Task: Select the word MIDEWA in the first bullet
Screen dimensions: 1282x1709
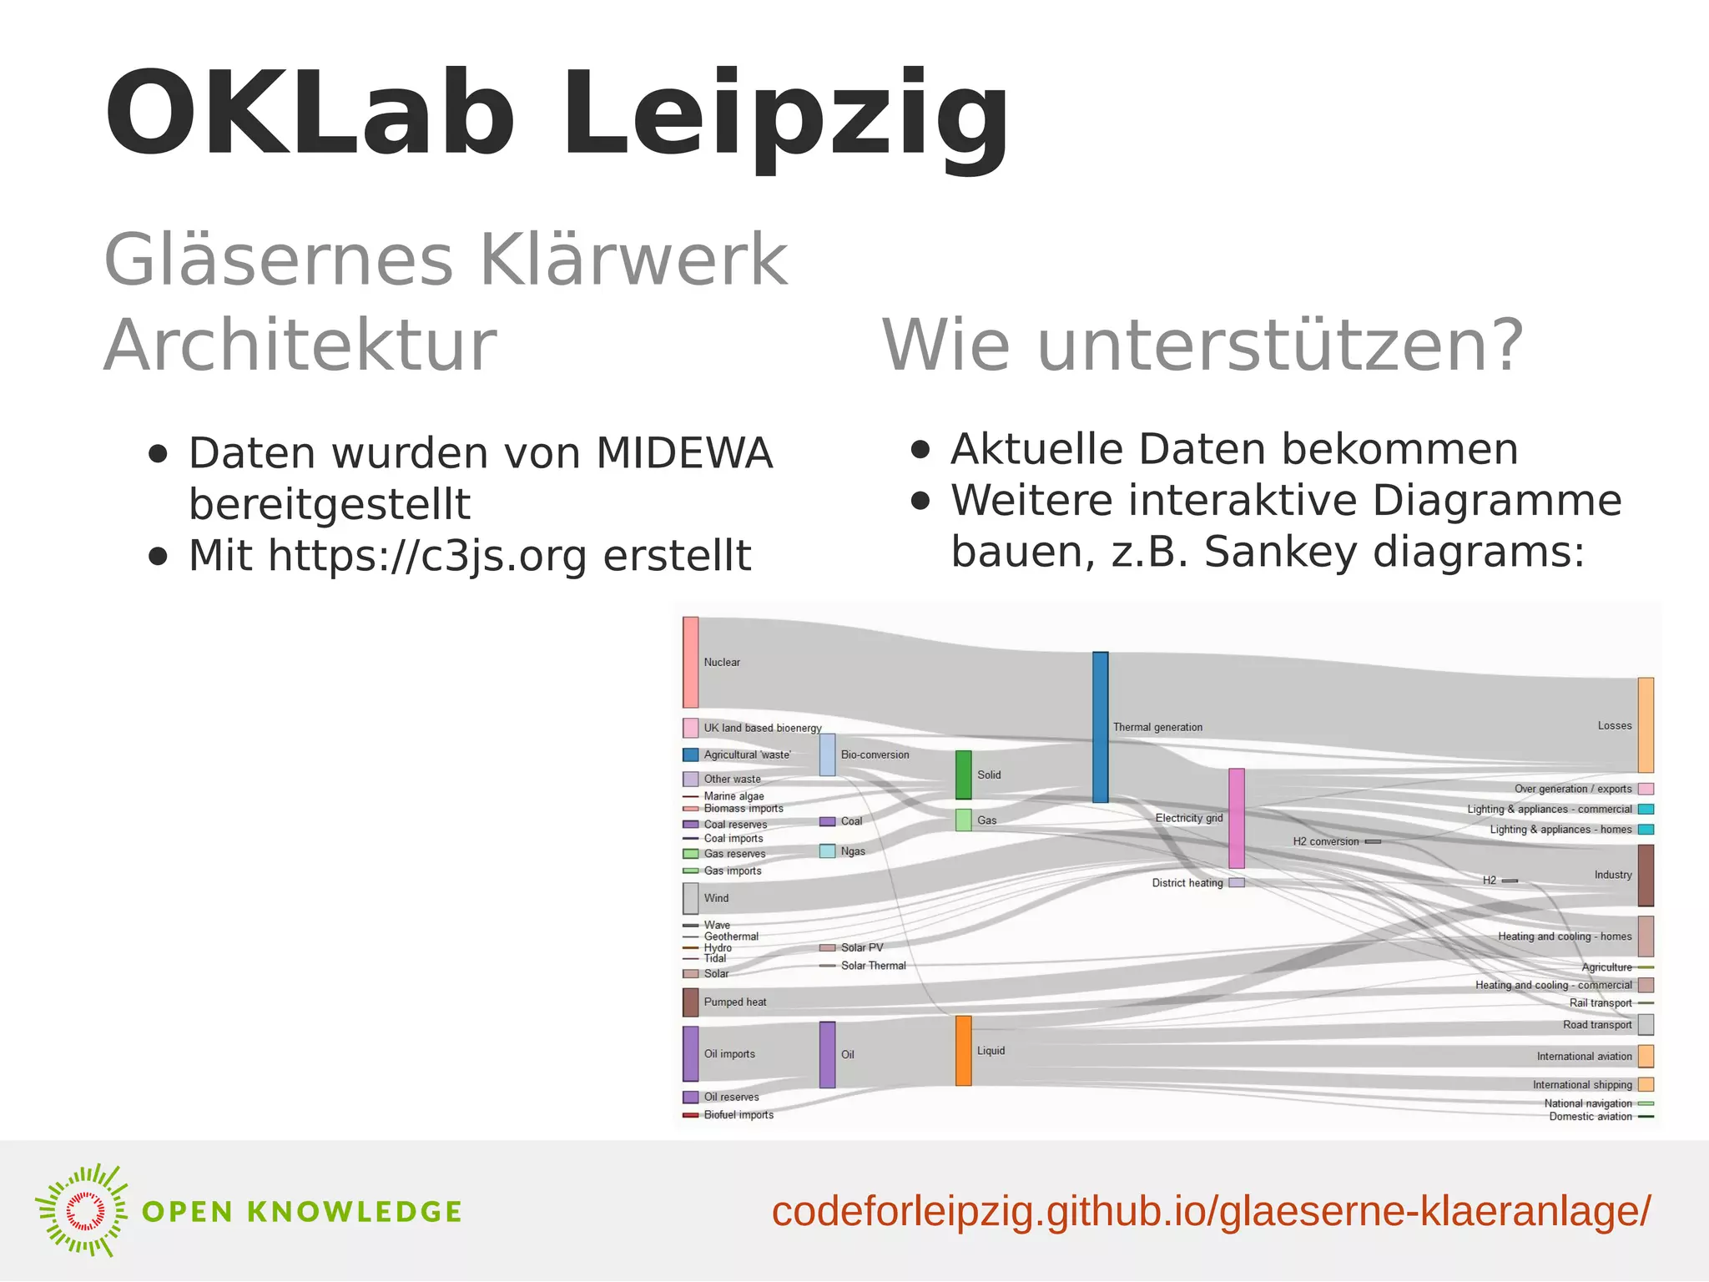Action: (684, 453)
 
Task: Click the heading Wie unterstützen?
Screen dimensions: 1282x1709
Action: (1202, 346)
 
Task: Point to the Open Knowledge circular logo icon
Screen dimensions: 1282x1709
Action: (82, 1210)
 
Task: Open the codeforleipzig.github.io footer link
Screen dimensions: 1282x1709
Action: (1210, 1212)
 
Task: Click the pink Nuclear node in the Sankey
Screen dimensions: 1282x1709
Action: (690, 662)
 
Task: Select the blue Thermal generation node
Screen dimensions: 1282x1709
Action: (1100, 727)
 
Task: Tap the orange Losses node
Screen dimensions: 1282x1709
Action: (1645, 724)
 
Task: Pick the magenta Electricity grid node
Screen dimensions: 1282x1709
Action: (1236, 818)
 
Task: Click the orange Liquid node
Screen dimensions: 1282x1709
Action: (963, 1050)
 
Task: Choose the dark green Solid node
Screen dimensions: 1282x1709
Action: (963, 775)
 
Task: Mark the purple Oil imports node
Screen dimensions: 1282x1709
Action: (690, 1053)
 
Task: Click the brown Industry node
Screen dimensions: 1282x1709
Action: (1645, 875)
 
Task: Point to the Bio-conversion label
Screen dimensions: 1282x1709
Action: (875, 755)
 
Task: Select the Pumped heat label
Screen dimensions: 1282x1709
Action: (734, 1002)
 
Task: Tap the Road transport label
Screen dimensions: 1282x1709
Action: (1596, 1025)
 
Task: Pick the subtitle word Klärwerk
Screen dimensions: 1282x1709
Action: (634, 260)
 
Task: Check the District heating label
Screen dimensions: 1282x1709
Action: (1187, 883)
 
